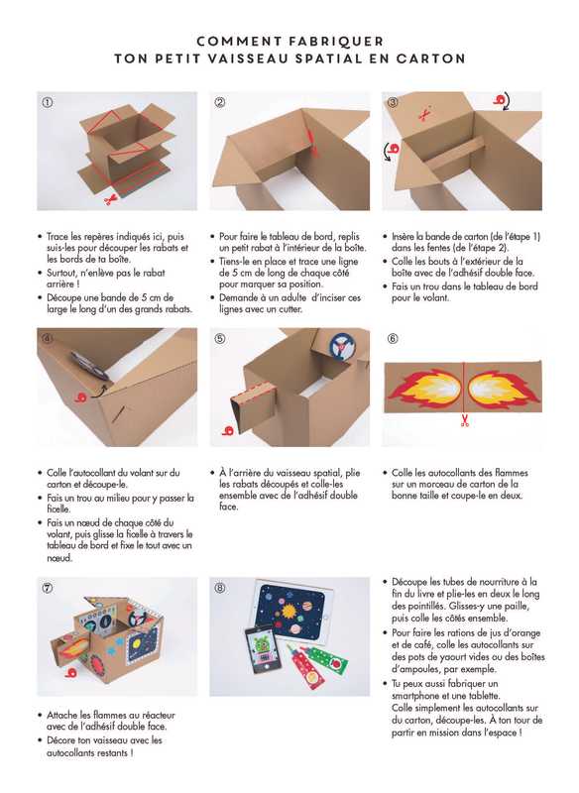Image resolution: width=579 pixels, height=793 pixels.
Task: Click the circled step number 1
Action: pyautogui.click(x=47, y=102)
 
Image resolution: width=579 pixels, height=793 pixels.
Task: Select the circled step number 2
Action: pyautogui.click(x=220, y=102)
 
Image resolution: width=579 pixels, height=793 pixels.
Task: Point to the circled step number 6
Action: pyautogui.click(x=393, y=339)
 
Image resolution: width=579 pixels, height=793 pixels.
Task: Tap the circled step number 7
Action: pyautogui.click(x=47, y=588)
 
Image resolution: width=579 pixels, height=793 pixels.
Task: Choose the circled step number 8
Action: pyautogui.click(x=220, y=588)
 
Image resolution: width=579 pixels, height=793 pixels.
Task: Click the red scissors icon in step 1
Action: pyautogui.click(x=110, y=200)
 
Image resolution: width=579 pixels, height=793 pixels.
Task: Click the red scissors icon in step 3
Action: pyautogui.click(x=424, y=114)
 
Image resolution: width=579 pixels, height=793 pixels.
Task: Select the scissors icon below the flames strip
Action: pyautogui.click(x=465, y=420)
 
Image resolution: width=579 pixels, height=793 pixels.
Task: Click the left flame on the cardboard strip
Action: pyautogui.click(x=423, y=389)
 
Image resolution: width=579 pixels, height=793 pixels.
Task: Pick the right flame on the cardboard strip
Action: pyautogui.click(x=504, y=389)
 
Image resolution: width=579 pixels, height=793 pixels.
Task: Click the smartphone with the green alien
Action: pyautogui.click(x=260, y=650)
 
